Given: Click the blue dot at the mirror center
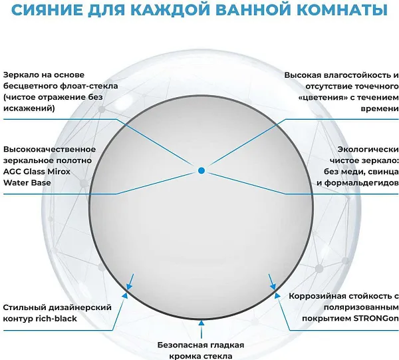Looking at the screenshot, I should (201, 170).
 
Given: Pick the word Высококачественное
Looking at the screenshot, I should (49, 149).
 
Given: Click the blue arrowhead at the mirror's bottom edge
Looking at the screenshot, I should (201, 321).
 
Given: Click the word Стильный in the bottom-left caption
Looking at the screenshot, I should (23, 307).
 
